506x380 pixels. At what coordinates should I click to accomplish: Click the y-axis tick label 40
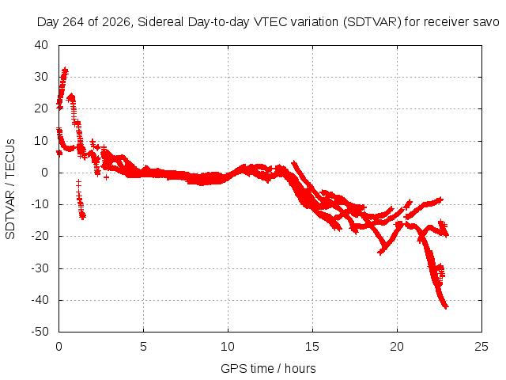pyautogui.click(x=41, y=45)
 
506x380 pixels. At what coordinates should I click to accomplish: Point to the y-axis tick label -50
pyautogui.click(x=40, y=332)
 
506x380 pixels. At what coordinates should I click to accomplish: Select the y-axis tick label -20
pyautogui.click(x=40, y=236)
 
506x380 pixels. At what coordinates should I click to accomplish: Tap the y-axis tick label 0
pyautogui.click(x=45, y=173)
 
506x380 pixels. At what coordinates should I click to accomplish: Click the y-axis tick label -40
pyautogui.click(x=40, y=300)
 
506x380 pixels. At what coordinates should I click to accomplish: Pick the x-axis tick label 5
pyautogui.click(x=143, y=347)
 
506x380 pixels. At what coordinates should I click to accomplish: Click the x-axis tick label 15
pyautogui.click(x=312, y=347)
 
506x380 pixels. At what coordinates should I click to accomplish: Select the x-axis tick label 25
pyautogui.click(x=481, y=347)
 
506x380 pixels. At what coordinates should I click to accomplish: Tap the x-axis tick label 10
pyautogui.click(x=228, y=347)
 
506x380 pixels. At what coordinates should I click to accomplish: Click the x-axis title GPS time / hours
pyautogui.click(x=268, y=368)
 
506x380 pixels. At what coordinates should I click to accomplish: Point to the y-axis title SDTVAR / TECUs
pyautogui.click(x=10, y=189)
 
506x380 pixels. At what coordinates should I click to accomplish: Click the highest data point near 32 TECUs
pyautogui.click(x=65, y=70)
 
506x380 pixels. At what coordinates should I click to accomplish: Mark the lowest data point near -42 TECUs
pyautogui.click(x=446, y=306)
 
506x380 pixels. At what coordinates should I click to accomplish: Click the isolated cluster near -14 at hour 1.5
pyautogui.click(x=82, y=216)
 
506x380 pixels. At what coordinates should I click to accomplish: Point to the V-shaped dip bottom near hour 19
pyautogui.click(x=380, y=253)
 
